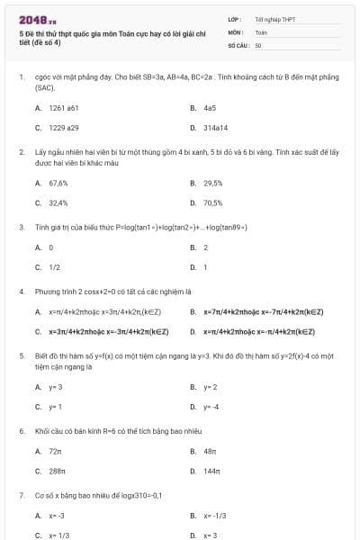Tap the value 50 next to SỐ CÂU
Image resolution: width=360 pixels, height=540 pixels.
258,44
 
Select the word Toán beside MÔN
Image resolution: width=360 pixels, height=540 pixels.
261,31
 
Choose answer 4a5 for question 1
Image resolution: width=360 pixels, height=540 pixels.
210,107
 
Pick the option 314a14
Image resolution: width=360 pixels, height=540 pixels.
215,128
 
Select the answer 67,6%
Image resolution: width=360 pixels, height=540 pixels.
58,183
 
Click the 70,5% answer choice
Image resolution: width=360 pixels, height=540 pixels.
213,202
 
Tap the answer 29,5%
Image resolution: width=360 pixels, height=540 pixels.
212,183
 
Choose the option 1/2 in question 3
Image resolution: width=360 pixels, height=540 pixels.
54,266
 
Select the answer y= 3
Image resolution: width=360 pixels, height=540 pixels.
55,387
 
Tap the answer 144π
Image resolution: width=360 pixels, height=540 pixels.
212,471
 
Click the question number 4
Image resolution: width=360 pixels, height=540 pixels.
21,292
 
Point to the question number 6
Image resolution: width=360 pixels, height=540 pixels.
21,431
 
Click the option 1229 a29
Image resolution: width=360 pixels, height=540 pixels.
63,128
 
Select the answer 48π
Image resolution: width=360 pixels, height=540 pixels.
211,451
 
